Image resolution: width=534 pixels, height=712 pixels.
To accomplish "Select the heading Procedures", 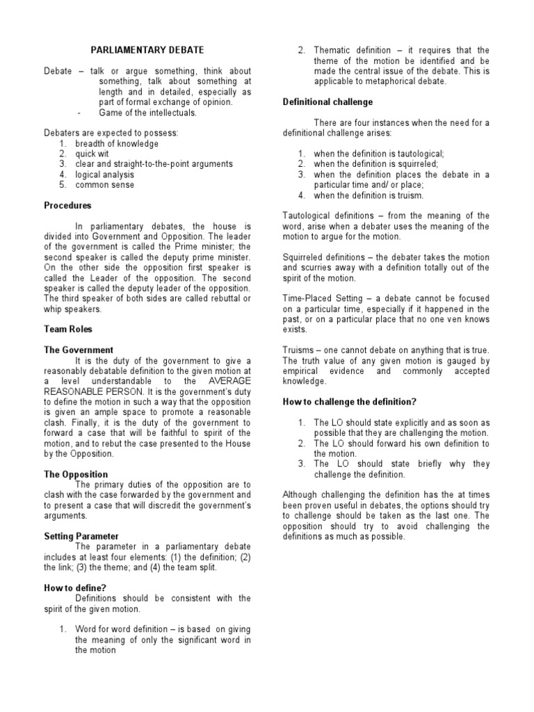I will click(x=67, y=206).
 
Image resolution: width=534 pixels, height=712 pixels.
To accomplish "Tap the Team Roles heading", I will click(x=68, y=330).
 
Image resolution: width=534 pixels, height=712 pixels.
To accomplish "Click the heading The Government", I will click(x=79, y=350).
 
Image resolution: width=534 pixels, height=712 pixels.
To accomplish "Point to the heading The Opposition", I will click(x=76, y=474).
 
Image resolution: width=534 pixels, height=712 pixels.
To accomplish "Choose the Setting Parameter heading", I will click(x=81, y=536).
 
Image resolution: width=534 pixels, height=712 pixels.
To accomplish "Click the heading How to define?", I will click(x=74, y=588).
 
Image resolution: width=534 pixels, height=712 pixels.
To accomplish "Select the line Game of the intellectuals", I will click(x=147, y=113).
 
